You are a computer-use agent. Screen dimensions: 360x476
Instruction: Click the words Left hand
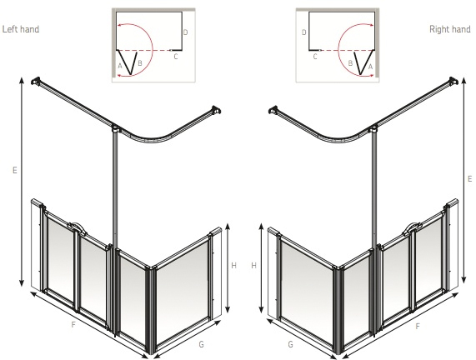[x=22, y=29]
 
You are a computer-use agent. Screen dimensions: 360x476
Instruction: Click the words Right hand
[x=449, y=29]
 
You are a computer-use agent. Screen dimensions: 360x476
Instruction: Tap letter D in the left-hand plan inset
[x=185, y=32]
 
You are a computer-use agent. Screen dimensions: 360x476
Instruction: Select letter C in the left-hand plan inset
[x=175, y=57]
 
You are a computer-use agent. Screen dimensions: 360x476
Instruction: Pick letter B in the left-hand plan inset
[x=139, y=63]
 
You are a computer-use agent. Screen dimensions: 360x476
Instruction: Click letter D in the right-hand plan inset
[x=303, y=32]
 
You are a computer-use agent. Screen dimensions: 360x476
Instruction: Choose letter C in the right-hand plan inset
[x=314, y=57]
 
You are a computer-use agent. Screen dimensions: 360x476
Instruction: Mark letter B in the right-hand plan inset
[x=350, y=63]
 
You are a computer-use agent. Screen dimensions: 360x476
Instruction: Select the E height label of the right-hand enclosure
[x=469, y=178]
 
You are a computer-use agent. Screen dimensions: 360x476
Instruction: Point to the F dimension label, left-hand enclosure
[x=73, y=323]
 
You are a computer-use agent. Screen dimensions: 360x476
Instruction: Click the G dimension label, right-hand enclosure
[x=290, y=343]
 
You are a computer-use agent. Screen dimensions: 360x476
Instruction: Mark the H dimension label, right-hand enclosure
[x=254, y=265]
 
